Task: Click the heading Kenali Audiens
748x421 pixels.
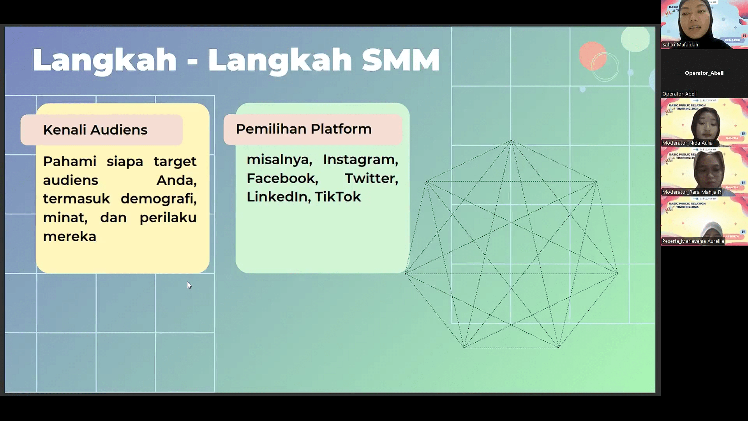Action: pyautogui.click(x=95, y=130)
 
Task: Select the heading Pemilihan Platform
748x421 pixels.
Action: pyautogui.click(x=303, y=129)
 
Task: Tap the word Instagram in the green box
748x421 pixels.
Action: pyautogui.click(x=360, y=160)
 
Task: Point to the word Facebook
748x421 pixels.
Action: pyautogui.click(x=282, y=179)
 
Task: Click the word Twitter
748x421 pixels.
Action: pyautogui.click(x=371, y=179)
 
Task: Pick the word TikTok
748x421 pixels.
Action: pyautogui.click(x=337, y=197)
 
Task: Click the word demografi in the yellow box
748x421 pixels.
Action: pyautogui.click(x=158, y=199)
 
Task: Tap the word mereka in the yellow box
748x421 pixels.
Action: pyautogui.click(x=69, y=237)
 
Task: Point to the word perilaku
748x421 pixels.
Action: pyautogui.click(x=168, y=218)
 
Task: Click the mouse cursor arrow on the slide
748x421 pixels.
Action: pyautogui.click(x=189, y=285)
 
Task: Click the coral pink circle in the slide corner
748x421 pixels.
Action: pyautogui.click(x=591, y=55)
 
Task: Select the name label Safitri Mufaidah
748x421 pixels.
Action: pyautogui.click(x=680, y=45)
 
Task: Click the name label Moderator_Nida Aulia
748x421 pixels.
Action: pyautogui.click(x=687, y=143)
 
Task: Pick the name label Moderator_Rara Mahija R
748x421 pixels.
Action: pyautogui.click(x=691, y=192)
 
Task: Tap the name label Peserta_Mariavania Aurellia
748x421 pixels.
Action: pyautogui.click(x=693, y=241)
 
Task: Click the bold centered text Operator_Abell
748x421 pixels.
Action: pyautogui.click(x=704, y=73)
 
